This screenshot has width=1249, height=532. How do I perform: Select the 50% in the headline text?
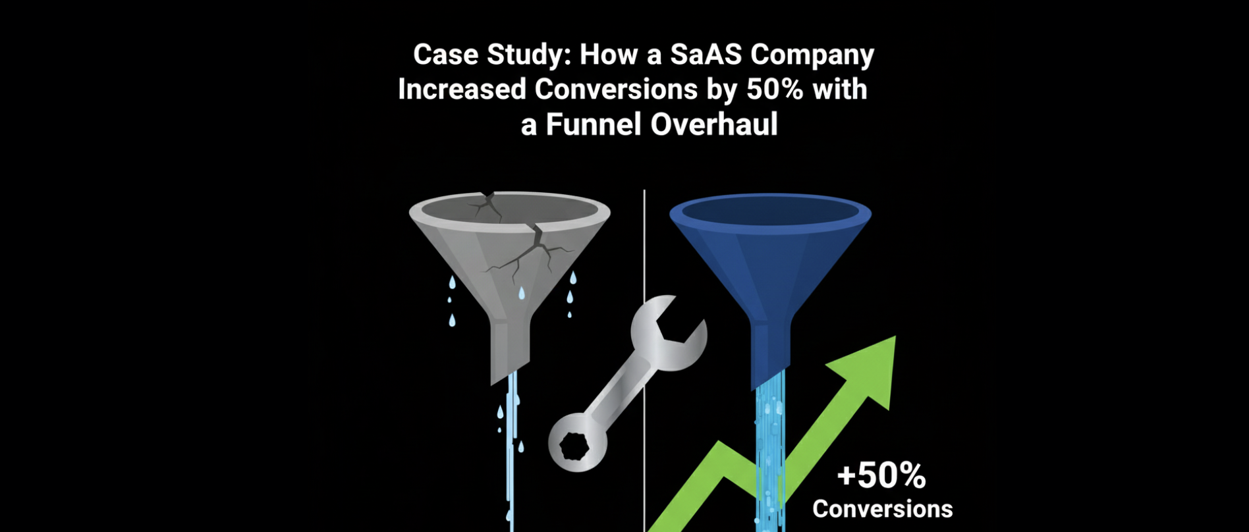click(x=775, y=89)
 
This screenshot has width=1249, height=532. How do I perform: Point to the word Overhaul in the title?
click(x=714, y=124)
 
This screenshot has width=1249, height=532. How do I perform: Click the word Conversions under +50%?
click(x=883, y=509)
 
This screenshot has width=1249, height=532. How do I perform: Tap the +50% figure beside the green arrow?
click(x=881, y=475)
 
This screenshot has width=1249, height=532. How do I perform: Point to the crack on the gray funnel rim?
click(x=486, y=205)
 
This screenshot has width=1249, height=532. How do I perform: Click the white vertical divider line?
click(x=644, y=361)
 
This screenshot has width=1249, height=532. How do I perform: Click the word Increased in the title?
click(x=462, y=90)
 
